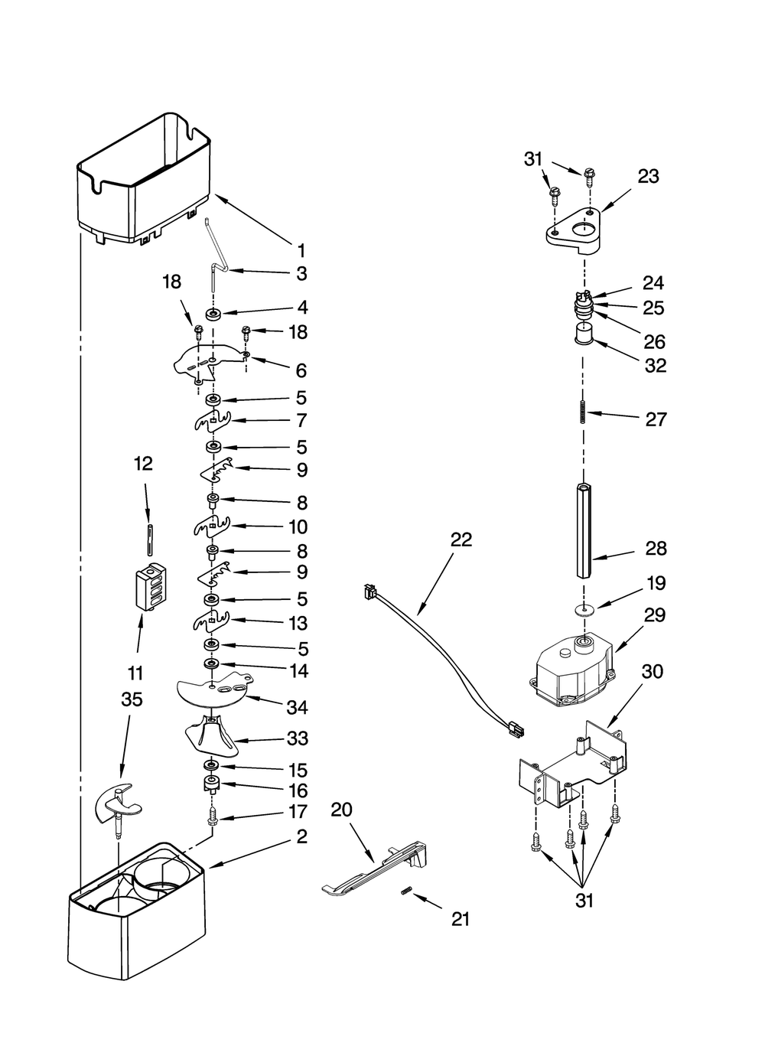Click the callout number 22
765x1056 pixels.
click(461, 539)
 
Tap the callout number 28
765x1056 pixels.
click(656, 549)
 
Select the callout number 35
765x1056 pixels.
click(132, 699)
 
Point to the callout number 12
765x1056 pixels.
click(143, 464)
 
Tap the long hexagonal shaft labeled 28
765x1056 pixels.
click(584, 530)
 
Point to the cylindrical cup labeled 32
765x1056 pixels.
click(584, 334)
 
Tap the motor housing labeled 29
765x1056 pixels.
click(571, 671)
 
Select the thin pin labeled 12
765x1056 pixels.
click(150, 539)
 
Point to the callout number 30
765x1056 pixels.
click(653, 671)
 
